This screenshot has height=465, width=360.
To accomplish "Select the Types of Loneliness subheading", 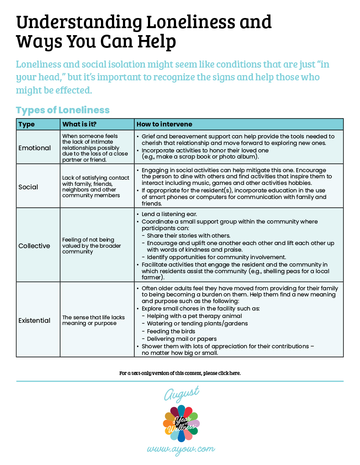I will tap(62, 110).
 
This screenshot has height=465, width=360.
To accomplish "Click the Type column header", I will tap(27, 124).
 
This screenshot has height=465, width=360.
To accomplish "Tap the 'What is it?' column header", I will tap(79, 124).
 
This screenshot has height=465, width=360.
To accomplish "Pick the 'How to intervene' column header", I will tap(164, 124).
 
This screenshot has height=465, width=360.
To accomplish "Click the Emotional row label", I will tap(35, 148).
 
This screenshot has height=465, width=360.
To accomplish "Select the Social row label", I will tap(28, 187).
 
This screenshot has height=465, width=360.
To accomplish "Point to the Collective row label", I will tap(34, 246).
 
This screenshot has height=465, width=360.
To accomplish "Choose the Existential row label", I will tap(34, 321).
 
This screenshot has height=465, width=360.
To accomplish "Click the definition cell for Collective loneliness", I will tap(88, 246).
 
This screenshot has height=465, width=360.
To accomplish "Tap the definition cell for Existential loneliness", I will tap(93, 320).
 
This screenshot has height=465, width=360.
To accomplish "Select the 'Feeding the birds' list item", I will tap(171, 331).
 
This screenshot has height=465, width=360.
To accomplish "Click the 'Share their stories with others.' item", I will tap(189, 235).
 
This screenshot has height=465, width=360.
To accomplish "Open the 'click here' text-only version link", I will tap(229, 373).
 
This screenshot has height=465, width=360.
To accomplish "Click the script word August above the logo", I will tap(181, 393).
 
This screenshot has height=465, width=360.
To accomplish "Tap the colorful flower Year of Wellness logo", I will tap(181, 423).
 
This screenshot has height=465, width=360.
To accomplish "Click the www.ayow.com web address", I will tap(181, 449).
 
